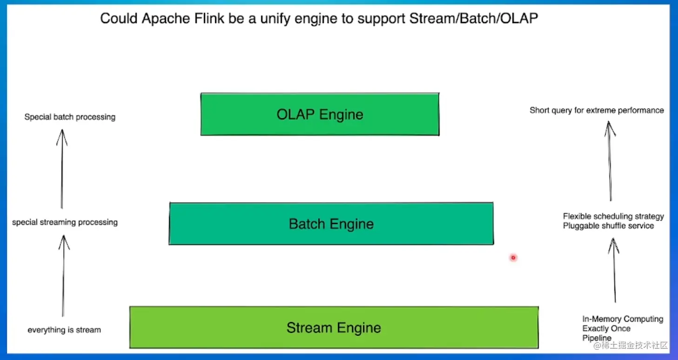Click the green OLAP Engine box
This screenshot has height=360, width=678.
click(320, 114)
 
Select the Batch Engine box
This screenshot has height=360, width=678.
click(331, 224)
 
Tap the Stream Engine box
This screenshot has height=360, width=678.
click(334, 327)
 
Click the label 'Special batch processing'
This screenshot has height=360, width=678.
click(70, 117)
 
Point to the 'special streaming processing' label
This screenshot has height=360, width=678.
click(65, 222)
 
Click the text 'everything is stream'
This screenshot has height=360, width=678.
click(64, 330)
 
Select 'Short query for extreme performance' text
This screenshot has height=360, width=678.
click(597, 110)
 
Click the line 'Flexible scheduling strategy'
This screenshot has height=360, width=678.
click(613, 216)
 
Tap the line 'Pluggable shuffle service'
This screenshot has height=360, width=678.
click(608, 226)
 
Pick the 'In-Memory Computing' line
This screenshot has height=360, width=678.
click(623, 319)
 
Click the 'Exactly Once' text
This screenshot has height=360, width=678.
click(606, 329)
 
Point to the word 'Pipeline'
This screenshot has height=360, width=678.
click(597, 338)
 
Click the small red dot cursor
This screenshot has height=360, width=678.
click(513, 257)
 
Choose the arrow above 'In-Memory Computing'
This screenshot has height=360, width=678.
click(614, 270)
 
